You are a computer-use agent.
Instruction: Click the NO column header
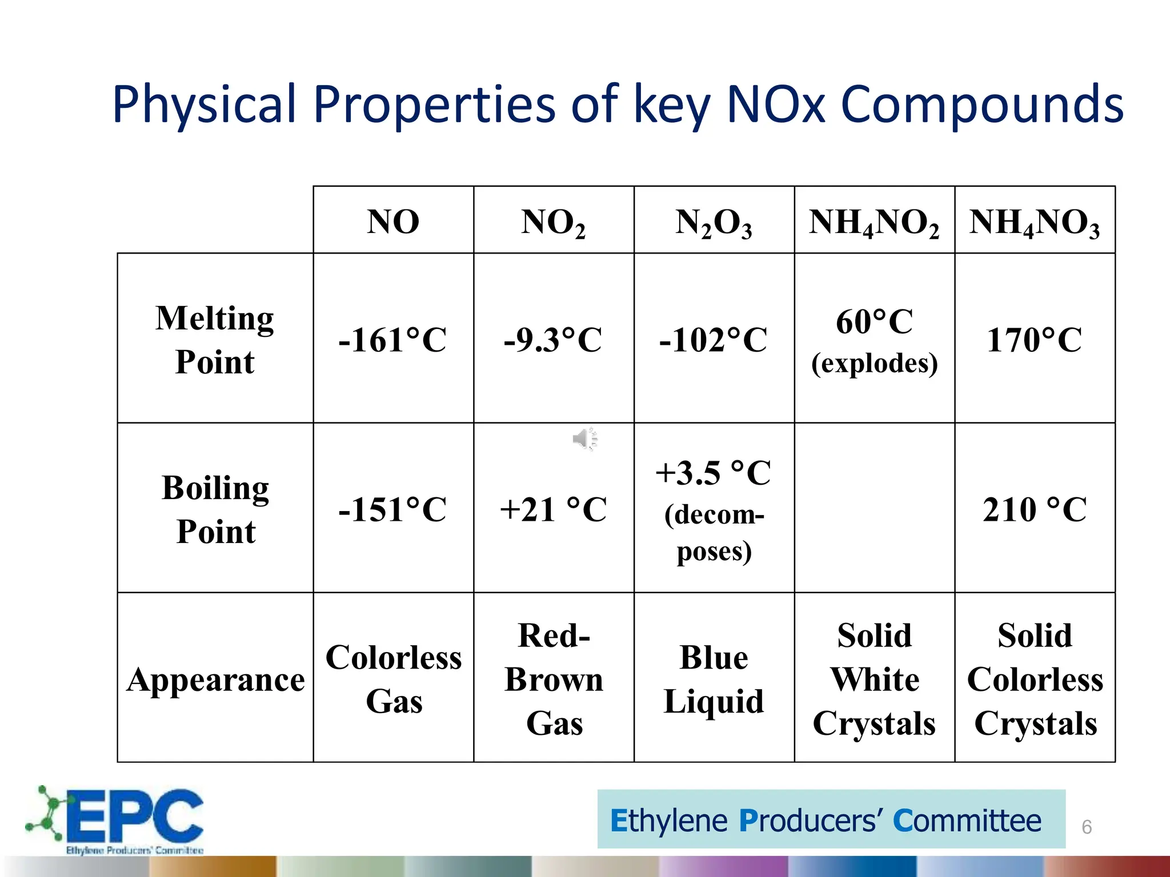pyautogui.click(x=393, y=222)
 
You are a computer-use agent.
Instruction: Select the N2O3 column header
pyautogui.click(x=714, y=223)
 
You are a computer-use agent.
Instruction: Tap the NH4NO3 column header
pyautogui.click(x=1034, y=223)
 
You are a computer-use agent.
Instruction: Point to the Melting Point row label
pyautogui.click(x=215, y=339)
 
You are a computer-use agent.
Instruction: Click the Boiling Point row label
pyautogui.click(x=215, y=509)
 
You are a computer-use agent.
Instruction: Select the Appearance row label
pyautogui.click(x=215, y=679)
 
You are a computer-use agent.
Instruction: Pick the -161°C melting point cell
pyautogui.click(x=392, y=340)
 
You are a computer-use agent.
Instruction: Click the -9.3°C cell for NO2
pyautogui.click(x=553, y=340)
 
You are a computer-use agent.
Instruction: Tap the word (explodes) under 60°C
pyautogui.click(x=874, y=363)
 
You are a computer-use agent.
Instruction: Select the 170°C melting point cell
pyautogui.click(x=1034, y=340)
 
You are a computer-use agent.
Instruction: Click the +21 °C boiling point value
pyautogui.click(x=553, y=509)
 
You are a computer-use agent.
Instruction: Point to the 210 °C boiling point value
pyautogui.click(x=1034, y=509)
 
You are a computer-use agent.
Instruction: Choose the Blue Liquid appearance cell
pyautogui.click(x=714, y=679)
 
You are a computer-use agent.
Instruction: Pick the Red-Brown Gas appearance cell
pyautogui.click(x=554, y=679)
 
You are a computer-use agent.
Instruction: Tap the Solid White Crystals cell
pyautogui.click(x=874, y=679)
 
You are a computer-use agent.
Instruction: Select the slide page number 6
pyautogui.click(x=1087, y=827)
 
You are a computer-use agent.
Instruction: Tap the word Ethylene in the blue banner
pyautogui.click(x=669, y=821)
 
